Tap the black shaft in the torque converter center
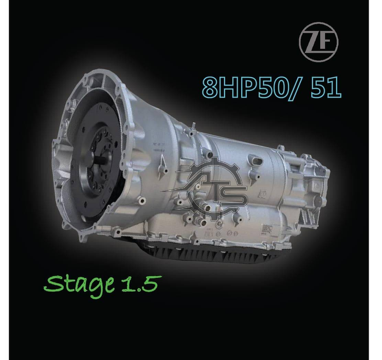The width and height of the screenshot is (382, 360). click(x=103, y=161)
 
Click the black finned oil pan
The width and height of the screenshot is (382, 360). click(x=214, y=254)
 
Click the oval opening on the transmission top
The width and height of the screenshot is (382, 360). click(x=258, y=161)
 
